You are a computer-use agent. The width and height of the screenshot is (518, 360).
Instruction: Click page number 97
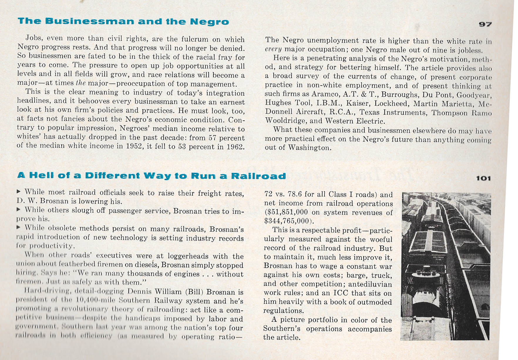coord(485,24)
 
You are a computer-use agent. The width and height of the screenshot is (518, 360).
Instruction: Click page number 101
coord(483,178)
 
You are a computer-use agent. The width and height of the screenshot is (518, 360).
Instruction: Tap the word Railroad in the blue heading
coord(258,176)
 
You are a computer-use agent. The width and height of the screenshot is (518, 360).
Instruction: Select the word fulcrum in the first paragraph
coord(179,39)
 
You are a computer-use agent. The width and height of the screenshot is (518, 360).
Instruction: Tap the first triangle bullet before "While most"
coord(19,192)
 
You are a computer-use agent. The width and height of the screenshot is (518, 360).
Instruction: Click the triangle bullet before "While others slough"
coord(19,210)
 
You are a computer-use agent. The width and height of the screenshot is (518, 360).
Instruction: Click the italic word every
coord(273,49)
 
